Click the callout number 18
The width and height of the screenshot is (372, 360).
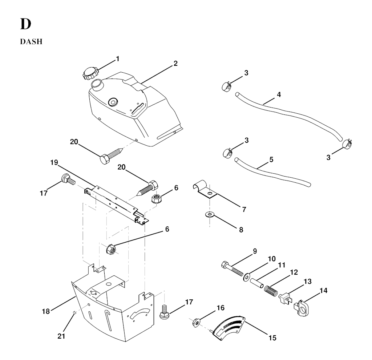point(45,311)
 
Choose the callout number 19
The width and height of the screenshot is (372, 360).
point(54,162)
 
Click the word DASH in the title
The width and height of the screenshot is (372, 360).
point(31,42)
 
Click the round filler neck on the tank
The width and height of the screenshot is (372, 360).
point(98,86)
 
